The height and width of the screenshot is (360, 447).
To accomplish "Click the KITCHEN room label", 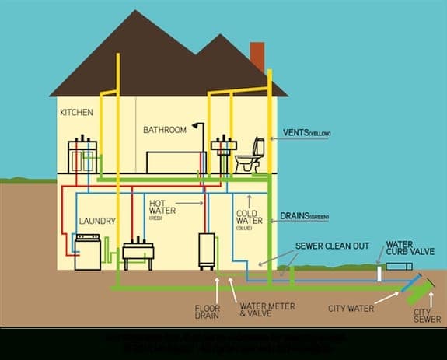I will pyautogui.click(x=76, y=112).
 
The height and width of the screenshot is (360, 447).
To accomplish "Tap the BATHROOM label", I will pyautogui.click(x=165, y=130).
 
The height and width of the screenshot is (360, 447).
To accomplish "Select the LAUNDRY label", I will pyautogui.click(x=97, y=222).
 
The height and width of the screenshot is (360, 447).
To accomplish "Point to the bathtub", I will pyautogui.click(x=176, y=159).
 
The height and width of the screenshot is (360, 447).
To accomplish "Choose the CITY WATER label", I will pyautogui.click(x=351, y=309).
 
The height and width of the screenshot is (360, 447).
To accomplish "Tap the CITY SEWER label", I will pyautogui.click(x=427, y=314).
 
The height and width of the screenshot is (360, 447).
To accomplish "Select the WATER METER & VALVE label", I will pyautogui.click(x=267, y=310).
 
